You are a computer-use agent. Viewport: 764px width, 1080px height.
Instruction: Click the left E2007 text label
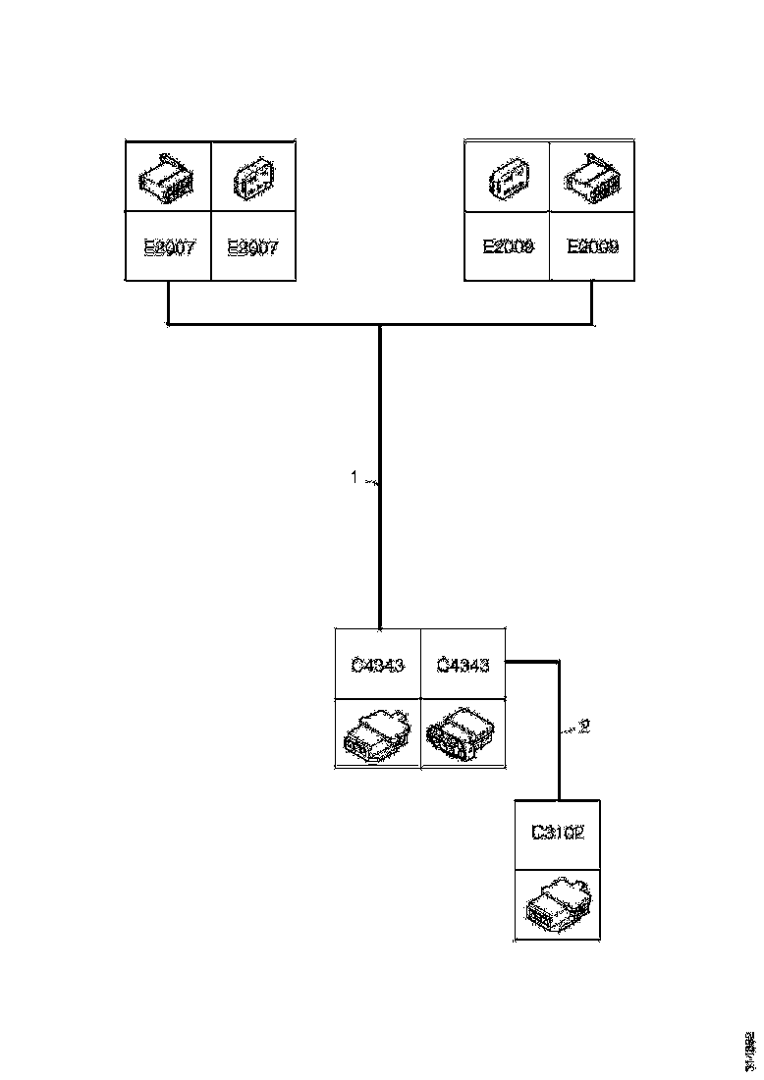point(170,247)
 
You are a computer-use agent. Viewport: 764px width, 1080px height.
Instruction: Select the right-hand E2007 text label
point(253,247)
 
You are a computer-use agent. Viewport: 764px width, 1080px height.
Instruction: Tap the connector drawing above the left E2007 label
point(169,176)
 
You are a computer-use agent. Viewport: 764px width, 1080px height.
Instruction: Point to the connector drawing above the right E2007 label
point(252,178)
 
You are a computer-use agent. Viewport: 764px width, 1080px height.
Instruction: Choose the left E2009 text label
point(508,247)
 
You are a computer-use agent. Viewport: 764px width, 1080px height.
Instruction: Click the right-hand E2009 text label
point(592,247)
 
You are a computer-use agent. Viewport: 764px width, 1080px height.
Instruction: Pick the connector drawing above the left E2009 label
point(508,178)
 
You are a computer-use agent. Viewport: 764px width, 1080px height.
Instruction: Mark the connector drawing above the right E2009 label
point(591,177)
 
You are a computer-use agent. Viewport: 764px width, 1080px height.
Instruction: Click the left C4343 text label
point(377,665)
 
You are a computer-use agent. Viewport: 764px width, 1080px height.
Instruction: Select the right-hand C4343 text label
point(462,665)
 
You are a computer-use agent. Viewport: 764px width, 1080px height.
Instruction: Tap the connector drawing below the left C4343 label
point(377,733)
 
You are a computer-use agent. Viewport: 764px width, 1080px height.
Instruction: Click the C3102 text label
point(558,834)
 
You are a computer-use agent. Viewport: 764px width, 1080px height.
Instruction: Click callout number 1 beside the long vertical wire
point(355,478)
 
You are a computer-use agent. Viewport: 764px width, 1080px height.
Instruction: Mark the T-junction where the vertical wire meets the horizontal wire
point(380,323)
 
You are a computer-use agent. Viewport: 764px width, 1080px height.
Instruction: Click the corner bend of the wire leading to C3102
point(559,663)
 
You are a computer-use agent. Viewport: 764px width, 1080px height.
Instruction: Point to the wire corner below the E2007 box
point(169,322)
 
